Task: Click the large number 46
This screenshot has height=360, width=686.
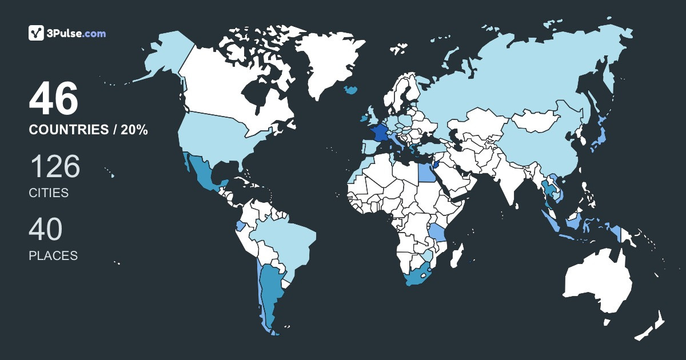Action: [x=53, y=100]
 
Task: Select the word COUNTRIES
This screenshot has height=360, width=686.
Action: [x=67, y=130]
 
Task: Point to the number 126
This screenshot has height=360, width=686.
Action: [x=55, y=167]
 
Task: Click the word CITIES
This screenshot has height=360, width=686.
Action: [x=49, y=193]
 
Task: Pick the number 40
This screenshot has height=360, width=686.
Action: [x=46, y=230]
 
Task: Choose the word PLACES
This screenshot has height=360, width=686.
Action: [x=53, y=256]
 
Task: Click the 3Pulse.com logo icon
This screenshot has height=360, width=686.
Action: [x=37, y=33]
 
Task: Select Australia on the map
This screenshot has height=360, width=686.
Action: [x=597, y=283]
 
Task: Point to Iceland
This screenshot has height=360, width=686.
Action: [x=351, y=90]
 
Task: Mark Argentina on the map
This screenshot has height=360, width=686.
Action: [x=270, y=291]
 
